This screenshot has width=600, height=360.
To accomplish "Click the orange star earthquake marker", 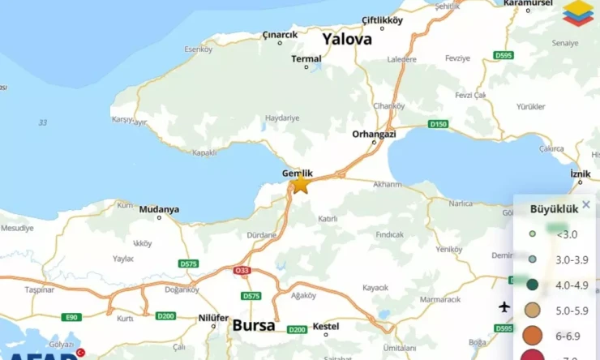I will pos(300,184).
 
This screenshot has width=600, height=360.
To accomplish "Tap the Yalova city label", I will pos(346,39).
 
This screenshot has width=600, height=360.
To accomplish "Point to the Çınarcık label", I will pos(280,35).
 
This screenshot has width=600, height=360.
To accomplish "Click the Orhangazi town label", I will pos(374,134).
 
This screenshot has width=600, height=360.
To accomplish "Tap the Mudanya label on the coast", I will pos(159,209).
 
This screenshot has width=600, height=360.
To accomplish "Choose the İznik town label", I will pos(581,174).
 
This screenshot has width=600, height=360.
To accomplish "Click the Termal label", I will pos(306,58).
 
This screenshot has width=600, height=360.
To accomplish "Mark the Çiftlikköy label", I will pos(382,21).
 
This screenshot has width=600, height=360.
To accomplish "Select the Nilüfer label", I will pos(214,319).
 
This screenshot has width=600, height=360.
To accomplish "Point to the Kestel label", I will pos(325,325).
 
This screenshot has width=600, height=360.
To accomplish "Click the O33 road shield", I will pos(242,271).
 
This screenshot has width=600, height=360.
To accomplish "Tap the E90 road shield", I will pos(72,316).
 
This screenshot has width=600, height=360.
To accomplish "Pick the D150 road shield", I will pos(438,124).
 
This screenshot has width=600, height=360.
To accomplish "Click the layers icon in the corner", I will pos(577,13).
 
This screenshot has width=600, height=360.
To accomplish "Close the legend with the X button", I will pos(586,204).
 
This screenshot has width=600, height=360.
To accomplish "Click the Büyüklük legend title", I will pos(554,208).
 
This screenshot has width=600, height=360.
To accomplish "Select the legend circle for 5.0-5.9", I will pos(532,310).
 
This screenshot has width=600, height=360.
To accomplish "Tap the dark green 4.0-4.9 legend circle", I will pos(532,285).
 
